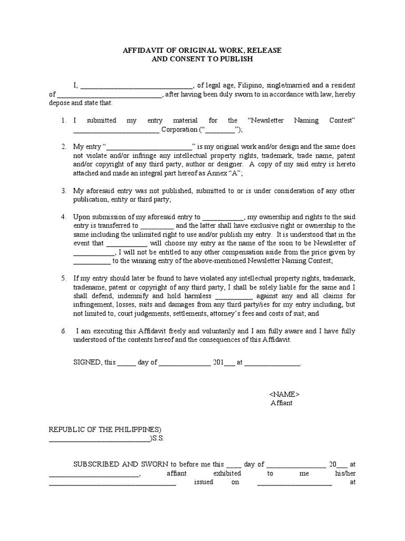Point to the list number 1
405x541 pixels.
tap(63, 120)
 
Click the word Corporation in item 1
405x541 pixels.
tap(179, 129)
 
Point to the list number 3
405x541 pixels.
tap(63, 191)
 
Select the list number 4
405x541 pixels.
tap(63, 217)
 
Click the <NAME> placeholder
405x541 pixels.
tap(284, 395)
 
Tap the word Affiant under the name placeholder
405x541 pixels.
tap(282, 403)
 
